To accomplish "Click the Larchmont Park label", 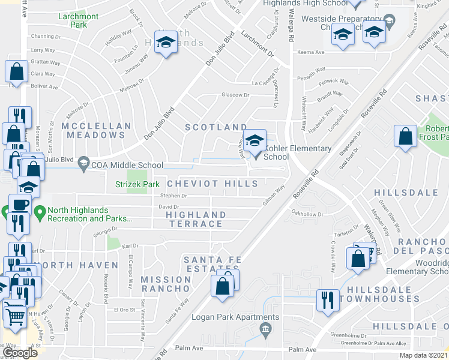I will pyautogui.click(x=79, y=21).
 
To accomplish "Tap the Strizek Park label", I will pyautogui.click(x=138, y=184).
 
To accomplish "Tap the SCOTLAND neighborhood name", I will pyautogui.click(x=215, y=127).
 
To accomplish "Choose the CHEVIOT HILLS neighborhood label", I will pyautogui.click(x=212, y=184).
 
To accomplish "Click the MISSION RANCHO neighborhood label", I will pyautogui.click(x=166, y=284).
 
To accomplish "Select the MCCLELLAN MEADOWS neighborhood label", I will pyautogui.click(x=96, y=131).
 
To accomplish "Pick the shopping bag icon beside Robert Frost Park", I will pyautogui.click(x=406, y=136).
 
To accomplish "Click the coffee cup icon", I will pyautogui.click(x=19, y=204).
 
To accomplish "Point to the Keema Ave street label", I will pyautogui.click(x=312, y=52).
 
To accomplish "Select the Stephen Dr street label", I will pyautogui.click(x=173, y=196).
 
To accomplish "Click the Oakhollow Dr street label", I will pyautogui.click(x=307, y=214).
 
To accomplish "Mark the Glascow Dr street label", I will pyautogui.click(x=235, y=95).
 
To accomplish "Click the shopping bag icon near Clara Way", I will pyautogui.click(x=17, y=71).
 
